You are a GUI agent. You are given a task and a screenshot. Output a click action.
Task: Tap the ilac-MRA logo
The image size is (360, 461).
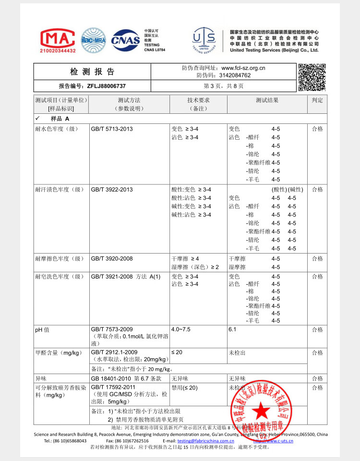pyautogui.click(x=93, y=40)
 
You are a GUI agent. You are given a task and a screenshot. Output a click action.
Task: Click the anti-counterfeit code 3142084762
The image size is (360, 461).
pyautogui.click(x=235, y=75)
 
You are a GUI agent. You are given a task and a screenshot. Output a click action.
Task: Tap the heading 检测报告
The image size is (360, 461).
pyautogui.click(x=93, y=72)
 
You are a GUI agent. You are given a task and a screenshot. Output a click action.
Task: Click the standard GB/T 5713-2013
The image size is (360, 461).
pyautogui.click(x=112, y=129)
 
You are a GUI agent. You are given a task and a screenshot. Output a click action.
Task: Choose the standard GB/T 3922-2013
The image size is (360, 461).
pyautogui.click(x=112, y=190)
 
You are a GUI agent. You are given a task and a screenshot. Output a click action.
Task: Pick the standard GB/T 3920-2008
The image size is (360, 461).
pyautogui.click(x=112, y=259)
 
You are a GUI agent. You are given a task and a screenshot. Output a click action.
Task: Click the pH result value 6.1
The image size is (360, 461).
pyautogui.click(x=233, y=330)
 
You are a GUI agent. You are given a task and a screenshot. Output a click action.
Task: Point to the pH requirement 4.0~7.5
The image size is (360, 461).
pyautogui.click(x=181, y=330)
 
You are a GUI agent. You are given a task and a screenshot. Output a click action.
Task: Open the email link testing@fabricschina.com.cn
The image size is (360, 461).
pyautogui.click(x=205, y=441)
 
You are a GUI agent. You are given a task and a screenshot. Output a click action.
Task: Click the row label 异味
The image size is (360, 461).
pyautogui.click(x=40, y=378)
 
